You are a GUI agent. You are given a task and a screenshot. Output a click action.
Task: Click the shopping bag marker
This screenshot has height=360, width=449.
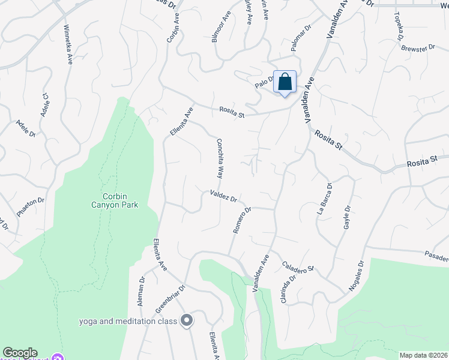(x=285, y=82)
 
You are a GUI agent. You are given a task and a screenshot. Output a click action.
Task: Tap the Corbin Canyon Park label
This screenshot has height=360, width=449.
(x=120, y=200)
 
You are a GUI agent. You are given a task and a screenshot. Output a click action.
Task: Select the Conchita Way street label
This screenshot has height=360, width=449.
(x=220, y=158)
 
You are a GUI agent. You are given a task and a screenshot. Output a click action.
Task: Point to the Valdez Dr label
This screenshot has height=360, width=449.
(x=224, y=196)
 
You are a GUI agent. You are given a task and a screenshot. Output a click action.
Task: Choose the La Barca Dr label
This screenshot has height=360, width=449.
(x=324, y=198)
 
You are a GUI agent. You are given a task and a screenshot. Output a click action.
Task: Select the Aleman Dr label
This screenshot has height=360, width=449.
(x=142, y=292)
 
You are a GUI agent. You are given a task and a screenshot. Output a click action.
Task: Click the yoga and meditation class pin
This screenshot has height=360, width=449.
(x=186, y=320)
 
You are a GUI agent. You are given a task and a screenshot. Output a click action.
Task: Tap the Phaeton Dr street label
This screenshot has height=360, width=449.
(x=31, y=207)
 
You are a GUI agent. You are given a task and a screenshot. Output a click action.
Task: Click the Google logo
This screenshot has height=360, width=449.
(x=20, y=353)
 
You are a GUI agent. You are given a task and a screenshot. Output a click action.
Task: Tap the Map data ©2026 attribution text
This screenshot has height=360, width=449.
(x=424, y=355)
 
